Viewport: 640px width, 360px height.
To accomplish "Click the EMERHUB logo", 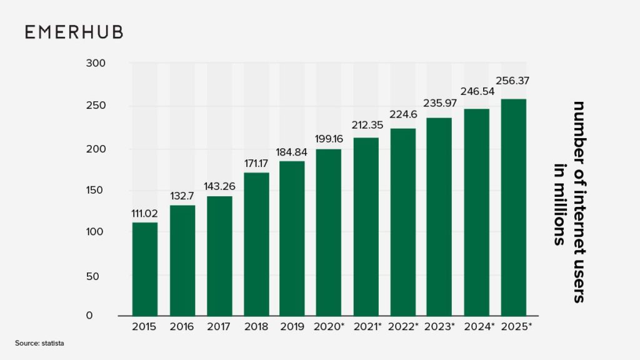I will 74,32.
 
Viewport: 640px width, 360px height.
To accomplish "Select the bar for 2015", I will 145,269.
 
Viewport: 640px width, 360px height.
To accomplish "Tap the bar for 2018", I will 256,244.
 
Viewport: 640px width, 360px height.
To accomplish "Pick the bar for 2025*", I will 514,207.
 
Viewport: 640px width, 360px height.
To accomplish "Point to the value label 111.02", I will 144,213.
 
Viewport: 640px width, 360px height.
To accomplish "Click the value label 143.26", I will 219,186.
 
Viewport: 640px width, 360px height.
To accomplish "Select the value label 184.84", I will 292,152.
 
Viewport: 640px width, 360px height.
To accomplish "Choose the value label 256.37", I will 512,81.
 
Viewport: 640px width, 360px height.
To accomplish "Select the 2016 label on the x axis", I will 182,327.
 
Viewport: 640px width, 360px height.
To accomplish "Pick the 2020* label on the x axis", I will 329,327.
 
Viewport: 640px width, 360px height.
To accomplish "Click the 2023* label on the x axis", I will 440,327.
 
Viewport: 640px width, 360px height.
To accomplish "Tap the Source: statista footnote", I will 40,343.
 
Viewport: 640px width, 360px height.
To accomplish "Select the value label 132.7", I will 182,196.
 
